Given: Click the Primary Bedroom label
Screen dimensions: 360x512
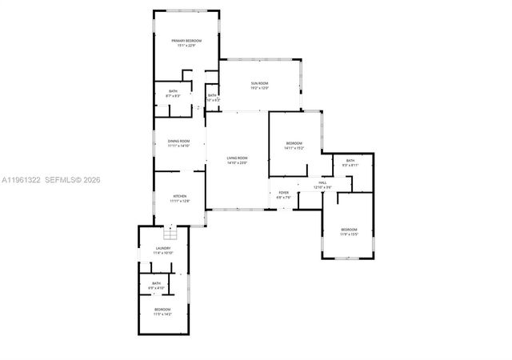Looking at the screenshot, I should [186, 40].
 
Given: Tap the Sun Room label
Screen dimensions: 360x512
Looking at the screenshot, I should [259, 83].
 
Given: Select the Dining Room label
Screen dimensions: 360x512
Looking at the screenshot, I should [178, 141].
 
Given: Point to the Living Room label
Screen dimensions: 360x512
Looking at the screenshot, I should [238, 158].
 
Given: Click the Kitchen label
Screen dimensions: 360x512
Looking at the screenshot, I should [180, 197].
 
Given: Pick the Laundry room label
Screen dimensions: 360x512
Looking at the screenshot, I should [163, 249].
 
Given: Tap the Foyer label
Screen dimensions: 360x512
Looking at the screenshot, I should [283, 192].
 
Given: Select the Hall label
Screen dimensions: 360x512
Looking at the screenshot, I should [322, 183].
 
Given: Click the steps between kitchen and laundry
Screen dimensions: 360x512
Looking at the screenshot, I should [169, 234].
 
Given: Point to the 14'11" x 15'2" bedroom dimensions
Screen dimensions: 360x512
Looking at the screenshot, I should [294, 148].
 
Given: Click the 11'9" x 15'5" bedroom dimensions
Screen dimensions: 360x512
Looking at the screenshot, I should [349, 234].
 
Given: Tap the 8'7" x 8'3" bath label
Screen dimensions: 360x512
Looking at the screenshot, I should [173, 96].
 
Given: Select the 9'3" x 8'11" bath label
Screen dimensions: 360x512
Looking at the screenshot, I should [350, 165].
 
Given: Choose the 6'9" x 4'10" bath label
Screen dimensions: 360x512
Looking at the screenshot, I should [157, 286].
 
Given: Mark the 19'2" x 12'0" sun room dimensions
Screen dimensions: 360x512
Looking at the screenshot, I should [259, 88].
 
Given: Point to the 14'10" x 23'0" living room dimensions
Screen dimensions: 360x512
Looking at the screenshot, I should [238, 163].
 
